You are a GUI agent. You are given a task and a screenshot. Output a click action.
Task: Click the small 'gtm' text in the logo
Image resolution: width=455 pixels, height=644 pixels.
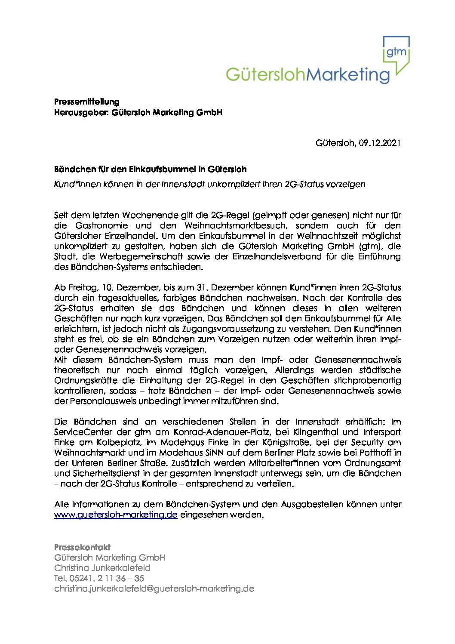(x=396, y=52)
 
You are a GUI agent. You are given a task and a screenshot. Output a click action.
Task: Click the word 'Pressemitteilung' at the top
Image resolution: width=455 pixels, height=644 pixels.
(x=86, y=102)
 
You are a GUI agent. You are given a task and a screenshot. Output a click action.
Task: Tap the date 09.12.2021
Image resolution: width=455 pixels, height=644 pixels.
(x=380, y=143)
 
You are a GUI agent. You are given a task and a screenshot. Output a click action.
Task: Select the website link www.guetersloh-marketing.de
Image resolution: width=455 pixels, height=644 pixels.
(x=116, y=515)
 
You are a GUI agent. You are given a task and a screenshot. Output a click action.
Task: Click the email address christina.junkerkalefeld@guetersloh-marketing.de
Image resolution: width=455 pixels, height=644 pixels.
(x=154, y=589)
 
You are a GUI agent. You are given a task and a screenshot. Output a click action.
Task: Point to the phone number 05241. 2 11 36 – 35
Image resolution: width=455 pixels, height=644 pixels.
(x=107, y=578)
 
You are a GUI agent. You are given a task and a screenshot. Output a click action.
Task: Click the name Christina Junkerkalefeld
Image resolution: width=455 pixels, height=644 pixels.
(x=102, y=568)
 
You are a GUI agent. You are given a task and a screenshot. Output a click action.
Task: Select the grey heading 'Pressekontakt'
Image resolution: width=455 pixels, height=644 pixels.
(x=82, y=547)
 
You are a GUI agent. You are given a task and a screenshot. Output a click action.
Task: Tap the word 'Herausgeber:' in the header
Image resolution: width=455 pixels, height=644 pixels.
(x=81, y=113)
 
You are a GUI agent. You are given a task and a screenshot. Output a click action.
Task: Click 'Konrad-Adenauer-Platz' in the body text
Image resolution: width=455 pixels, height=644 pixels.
(x=221, y=432)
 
